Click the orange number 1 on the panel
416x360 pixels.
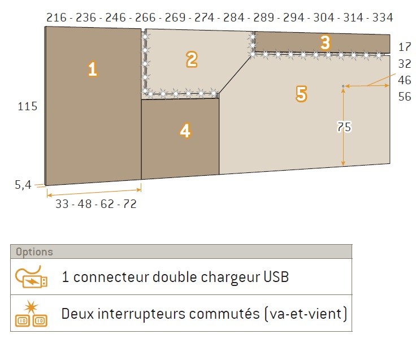[x=92, y=69]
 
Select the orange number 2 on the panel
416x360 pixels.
[x=192, y=60]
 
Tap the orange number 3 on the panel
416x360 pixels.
[x=325, y=42]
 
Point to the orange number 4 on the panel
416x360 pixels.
[x=185, y=131]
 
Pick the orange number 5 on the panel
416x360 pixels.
[x=301, y=94]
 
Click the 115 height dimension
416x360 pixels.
[x=27, y=106]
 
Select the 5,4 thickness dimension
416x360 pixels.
[x=23, y=185]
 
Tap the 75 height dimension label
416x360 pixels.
[x=344, y=127]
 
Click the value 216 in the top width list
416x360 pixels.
[x=57, y=18]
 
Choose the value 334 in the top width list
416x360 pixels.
[x=383, y=18]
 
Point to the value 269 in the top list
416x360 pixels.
[x=175, y=18]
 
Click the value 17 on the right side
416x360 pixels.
[x=405, y=47]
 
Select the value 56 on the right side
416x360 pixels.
[x=405, y=97]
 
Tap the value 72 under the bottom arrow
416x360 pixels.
[x=130, y=204]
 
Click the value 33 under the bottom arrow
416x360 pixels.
[x=62, y=204]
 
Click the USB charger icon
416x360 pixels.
[x=31, y=276]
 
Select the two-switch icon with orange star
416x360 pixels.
[x=31, y=313]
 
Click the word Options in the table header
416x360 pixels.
[x=34, y=251]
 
